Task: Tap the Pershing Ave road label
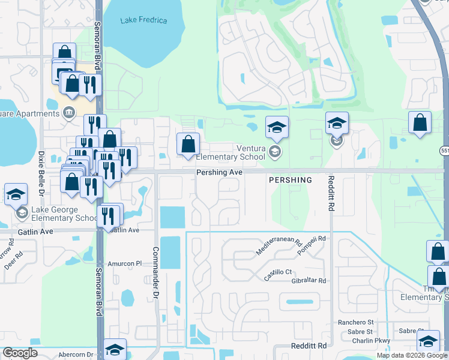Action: (219, 173)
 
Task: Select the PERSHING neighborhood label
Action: (291, 180)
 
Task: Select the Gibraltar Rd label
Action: (306, 280)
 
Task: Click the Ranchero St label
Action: (355, 322)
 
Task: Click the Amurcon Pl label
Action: (125, 263)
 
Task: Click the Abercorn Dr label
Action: (77, 354)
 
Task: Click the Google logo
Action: (20, 353)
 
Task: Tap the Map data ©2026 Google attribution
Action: (412, 355)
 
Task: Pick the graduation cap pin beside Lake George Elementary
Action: (16, 195)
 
